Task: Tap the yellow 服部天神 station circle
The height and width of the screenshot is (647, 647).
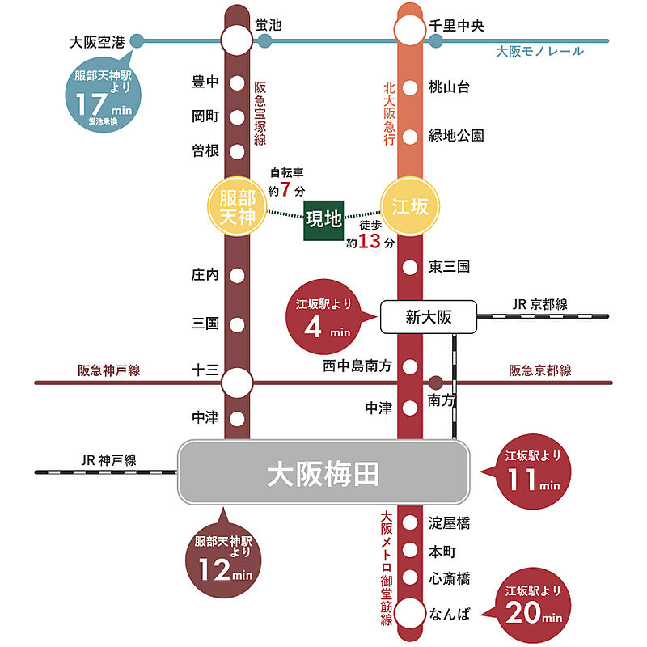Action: [x=237, y=208]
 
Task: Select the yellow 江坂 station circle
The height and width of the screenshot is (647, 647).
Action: [x=410, y=208]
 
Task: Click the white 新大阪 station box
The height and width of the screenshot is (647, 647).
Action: [x=428, y=318]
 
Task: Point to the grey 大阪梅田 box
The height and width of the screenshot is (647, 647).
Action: [x=323, y=473]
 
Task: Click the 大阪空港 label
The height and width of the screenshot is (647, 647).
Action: [x=98, y=42]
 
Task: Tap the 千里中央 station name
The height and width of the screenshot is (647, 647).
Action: [x=456, y=27]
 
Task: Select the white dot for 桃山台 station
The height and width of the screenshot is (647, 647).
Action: [x=410, y=87]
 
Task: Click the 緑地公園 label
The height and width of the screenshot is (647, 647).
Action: [x=456, y=136]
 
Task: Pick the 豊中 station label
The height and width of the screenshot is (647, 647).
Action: [x=205, y=82]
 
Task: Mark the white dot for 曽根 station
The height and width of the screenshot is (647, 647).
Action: [x=237, y=151]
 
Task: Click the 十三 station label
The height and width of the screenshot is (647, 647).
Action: [x=205, y=370]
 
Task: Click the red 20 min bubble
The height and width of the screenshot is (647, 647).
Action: [x=531, y=607]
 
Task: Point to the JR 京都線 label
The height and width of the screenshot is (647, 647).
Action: [x=539, y=304]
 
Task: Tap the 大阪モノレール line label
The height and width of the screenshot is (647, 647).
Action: [x=539, y=52]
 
